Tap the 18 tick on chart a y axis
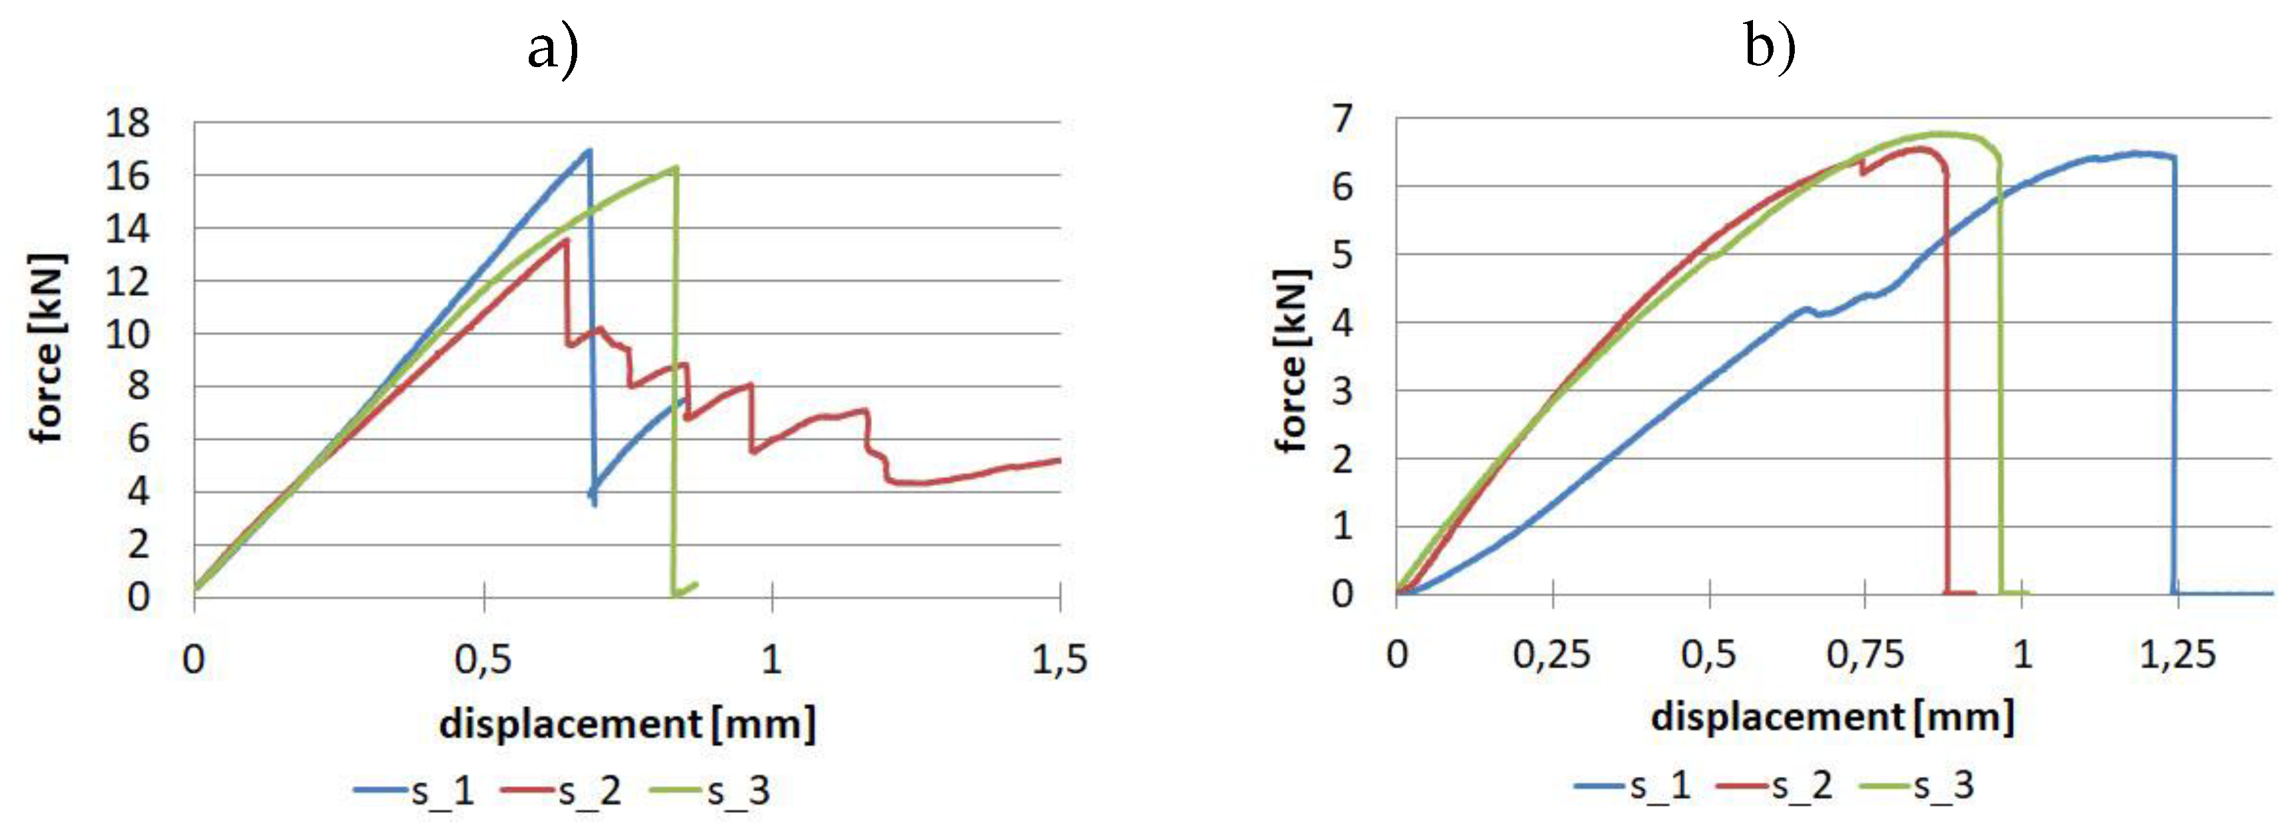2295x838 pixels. pyautogui.click(x=128, y=123)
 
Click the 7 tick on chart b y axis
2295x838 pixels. pyautogui.click(x=1342, y=118)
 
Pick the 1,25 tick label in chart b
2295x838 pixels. pyautogui.click(x=2177, y=655)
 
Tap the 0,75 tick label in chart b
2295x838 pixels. pyautogui.click(x=1864, y=655)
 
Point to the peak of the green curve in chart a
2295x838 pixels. pyautogui.click(x=676, y=167)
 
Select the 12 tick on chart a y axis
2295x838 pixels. pyautogui.click(x=128, y=282)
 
